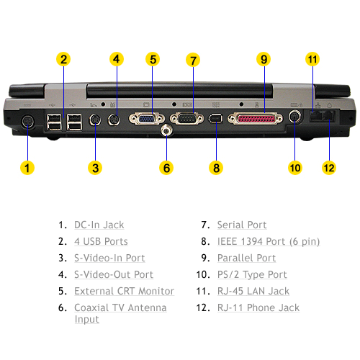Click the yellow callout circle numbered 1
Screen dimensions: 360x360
tap(27, 168)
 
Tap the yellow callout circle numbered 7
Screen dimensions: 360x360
tap(193, 60)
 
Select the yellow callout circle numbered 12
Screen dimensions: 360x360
tap(329, 168)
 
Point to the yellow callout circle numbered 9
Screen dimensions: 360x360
tap(264, 59)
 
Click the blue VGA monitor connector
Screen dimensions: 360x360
tap(147, 119)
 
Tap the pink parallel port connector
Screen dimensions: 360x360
tap(256, 119)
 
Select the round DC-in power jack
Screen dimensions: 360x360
tap(28, 122)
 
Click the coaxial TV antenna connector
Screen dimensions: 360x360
tap(166, 131)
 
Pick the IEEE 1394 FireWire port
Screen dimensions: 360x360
tap(215, 118)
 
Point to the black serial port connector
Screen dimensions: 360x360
tap(186, 119)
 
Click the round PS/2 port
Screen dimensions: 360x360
tap(294, 117)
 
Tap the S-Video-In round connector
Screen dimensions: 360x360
tap(95, 120)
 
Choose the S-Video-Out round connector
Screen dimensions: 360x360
tap(114, 120)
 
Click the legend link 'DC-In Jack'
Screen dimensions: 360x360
tap(99, 225)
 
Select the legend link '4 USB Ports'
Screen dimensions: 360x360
tap(101, 241)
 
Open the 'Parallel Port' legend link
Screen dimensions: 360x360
tap(246, 258)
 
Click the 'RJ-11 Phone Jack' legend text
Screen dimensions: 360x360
tap(258, 307)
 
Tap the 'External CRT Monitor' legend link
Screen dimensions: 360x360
tap(124, 291)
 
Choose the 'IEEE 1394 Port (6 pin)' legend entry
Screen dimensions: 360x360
tap(269, 242)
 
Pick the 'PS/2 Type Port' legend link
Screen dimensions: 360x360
tap(252, 274)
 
